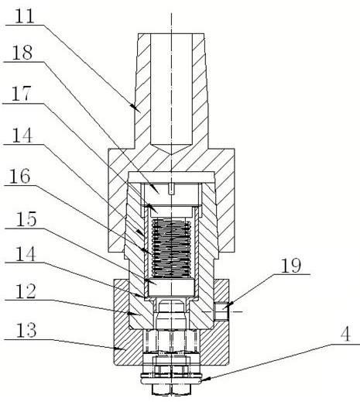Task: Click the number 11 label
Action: tap(25, 16)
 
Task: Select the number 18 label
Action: tap(22, 53)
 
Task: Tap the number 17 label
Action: tap(22, 94)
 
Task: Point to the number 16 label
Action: tap(20, 177)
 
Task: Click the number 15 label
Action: tap(26, 219)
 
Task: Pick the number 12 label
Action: tap(26, 291)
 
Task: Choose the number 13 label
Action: tap(26, 330)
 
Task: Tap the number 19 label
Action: tap(291, 265)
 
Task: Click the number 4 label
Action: tap(345, 334)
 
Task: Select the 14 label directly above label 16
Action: tap(22, 135)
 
